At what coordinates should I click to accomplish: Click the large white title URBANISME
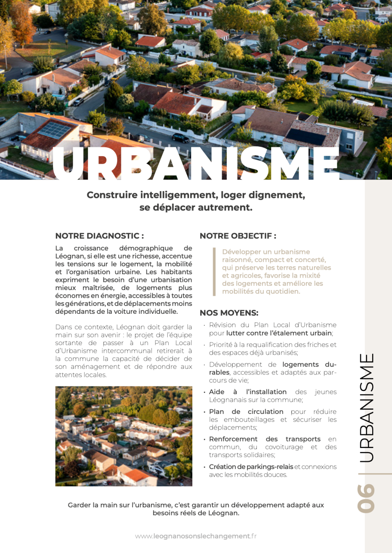point(196,163)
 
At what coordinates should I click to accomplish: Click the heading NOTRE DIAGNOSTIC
point(99,236)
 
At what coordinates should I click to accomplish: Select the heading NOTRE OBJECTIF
point(238,236)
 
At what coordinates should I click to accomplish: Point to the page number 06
point(366,498)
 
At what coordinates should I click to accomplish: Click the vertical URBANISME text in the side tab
point(366,408)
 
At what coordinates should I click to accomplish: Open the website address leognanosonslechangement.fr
point(196,536)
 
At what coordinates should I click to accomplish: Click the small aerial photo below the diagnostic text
point(123,436)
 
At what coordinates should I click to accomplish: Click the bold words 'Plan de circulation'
point(246,412)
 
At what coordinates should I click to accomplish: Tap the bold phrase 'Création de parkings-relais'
point(251,467)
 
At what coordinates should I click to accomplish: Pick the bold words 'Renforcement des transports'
point(265,439)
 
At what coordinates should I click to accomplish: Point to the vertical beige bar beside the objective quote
point(214,272)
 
